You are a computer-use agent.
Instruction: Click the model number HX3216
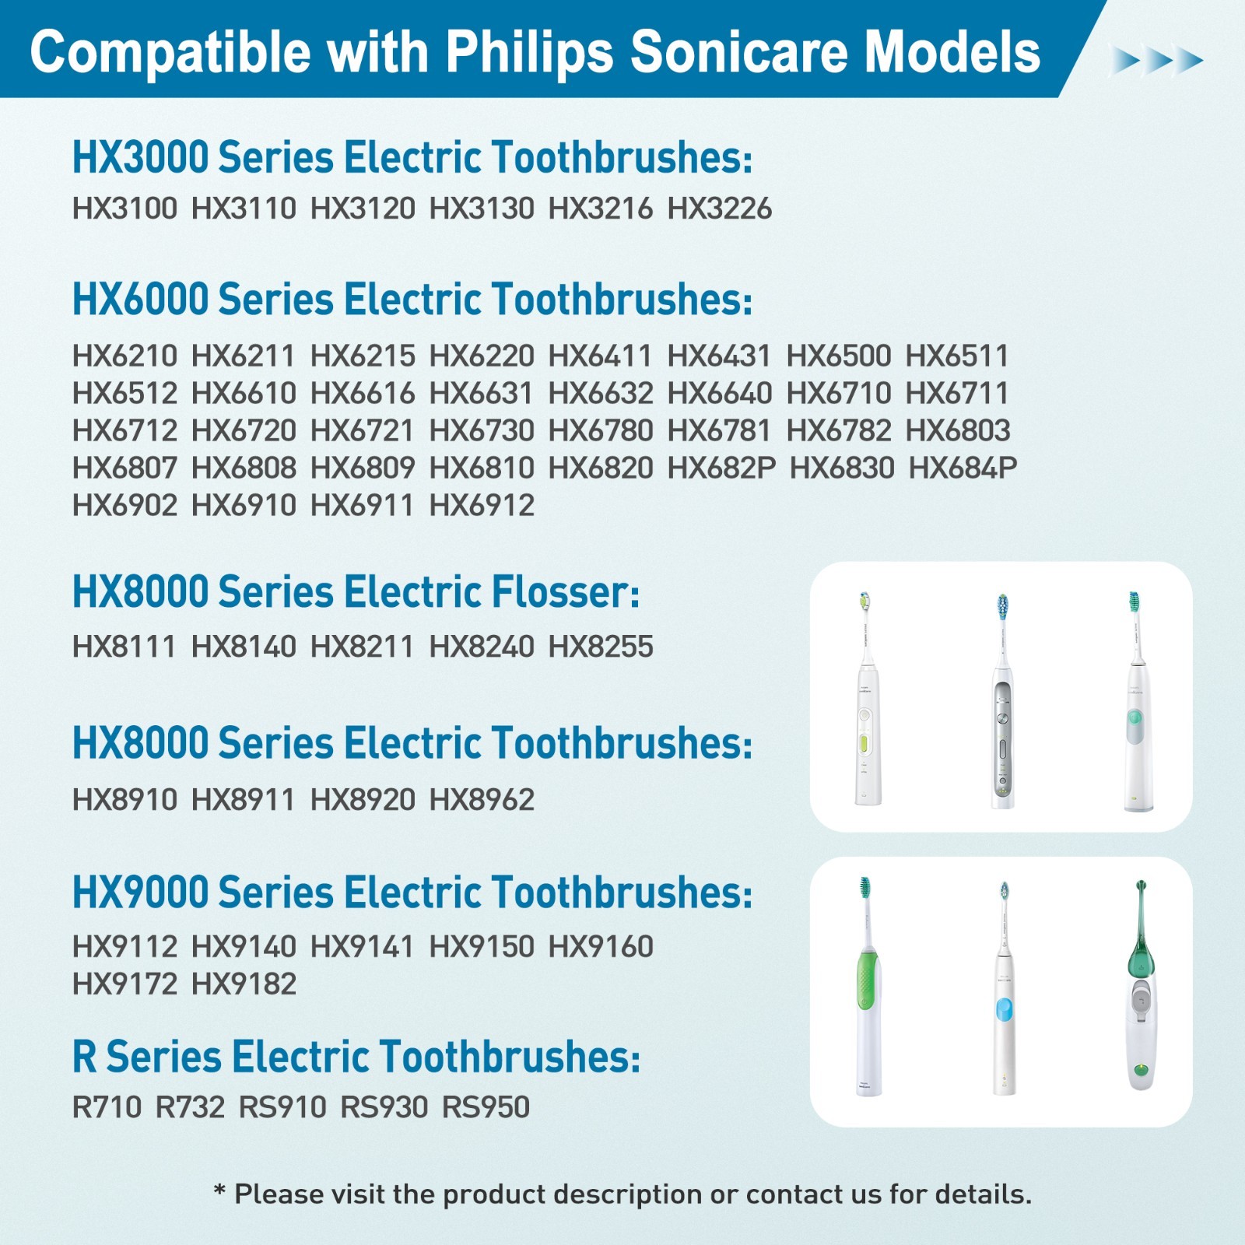pyautogui.click(x=601, y=209)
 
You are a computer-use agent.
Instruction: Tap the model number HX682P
pyautogui.click(x=722, y=468)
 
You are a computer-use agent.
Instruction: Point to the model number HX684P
pyautogui.click(x=963, y=468)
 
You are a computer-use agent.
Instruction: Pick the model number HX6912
pyautogui.click(x=482, y=506)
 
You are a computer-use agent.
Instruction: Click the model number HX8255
pyautogui.click(x=601, y=647)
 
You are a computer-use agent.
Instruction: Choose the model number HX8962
pyautogui.click(x=482, y=800)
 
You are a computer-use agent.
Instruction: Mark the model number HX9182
pyautogui.click(x=244, y=984)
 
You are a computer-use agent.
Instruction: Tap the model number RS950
pyautogui.click(x=486, y=1107)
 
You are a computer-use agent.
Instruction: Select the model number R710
pyautogui.click(x=107, y=1107)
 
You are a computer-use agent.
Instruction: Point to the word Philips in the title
pyautogui.click(x=531, y=53)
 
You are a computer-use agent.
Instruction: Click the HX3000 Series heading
pyautogui.click(x=412, y=157)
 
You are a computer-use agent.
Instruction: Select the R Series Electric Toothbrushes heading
pyautogui.click(x=356, y=1057)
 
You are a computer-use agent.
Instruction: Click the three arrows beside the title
pyautogui.click(x=1156, y=60)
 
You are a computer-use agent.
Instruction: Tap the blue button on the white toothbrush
pyautogui.click(x=1004, y=1010)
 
